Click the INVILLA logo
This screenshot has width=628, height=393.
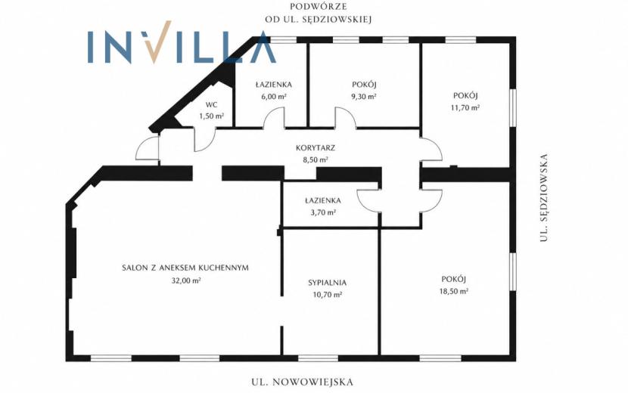point(182,43)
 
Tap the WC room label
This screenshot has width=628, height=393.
point(211,105)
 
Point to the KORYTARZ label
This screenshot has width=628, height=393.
point(316,147)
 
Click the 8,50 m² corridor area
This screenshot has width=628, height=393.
point(316,159)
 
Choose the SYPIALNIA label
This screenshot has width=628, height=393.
point(327,283)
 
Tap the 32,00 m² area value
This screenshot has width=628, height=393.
point(186,280)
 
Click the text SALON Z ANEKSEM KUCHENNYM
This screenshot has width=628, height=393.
point(185,268)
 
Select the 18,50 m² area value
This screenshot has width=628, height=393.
point(454,291)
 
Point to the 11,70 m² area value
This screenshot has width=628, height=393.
point(465,107)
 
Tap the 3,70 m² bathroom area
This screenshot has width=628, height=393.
point(323,212)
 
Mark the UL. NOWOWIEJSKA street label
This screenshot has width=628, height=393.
point(303,382)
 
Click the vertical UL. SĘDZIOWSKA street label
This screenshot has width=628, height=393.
point(543,198)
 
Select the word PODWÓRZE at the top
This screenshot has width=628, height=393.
point(319,7)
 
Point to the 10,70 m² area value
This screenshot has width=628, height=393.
point(327,295)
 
